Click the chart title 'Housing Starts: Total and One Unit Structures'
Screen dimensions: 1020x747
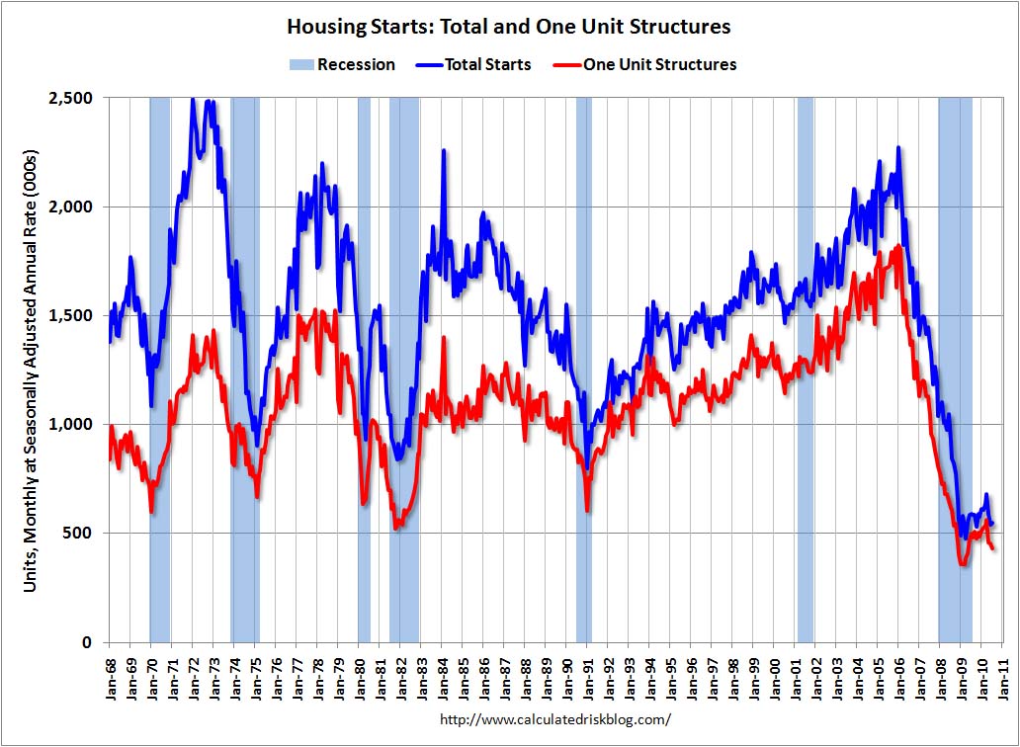pos(509,27)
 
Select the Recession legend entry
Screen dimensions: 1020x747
pos(342,64)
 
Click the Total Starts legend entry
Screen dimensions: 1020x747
pos(473,64)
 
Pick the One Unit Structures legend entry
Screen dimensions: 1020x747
pos(644,64)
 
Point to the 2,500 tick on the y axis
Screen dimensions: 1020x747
pos(70,98)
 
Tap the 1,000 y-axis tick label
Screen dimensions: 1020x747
pos(70,424)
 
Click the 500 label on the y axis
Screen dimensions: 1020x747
pos(78,533)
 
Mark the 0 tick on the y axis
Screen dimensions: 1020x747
pos(87,641)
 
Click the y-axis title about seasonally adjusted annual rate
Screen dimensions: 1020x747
pos(30,372)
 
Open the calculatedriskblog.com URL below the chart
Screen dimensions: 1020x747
pos(554,719)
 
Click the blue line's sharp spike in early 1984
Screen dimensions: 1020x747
pos(444,150)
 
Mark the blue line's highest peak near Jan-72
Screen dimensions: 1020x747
pos(193,100)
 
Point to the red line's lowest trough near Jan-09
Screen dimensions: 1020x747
pos(962,564)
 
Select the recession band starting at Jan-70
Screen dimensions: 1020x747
pos(160,370)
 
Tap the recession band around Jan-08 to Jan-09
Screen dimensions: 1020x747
pos(955,370)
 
